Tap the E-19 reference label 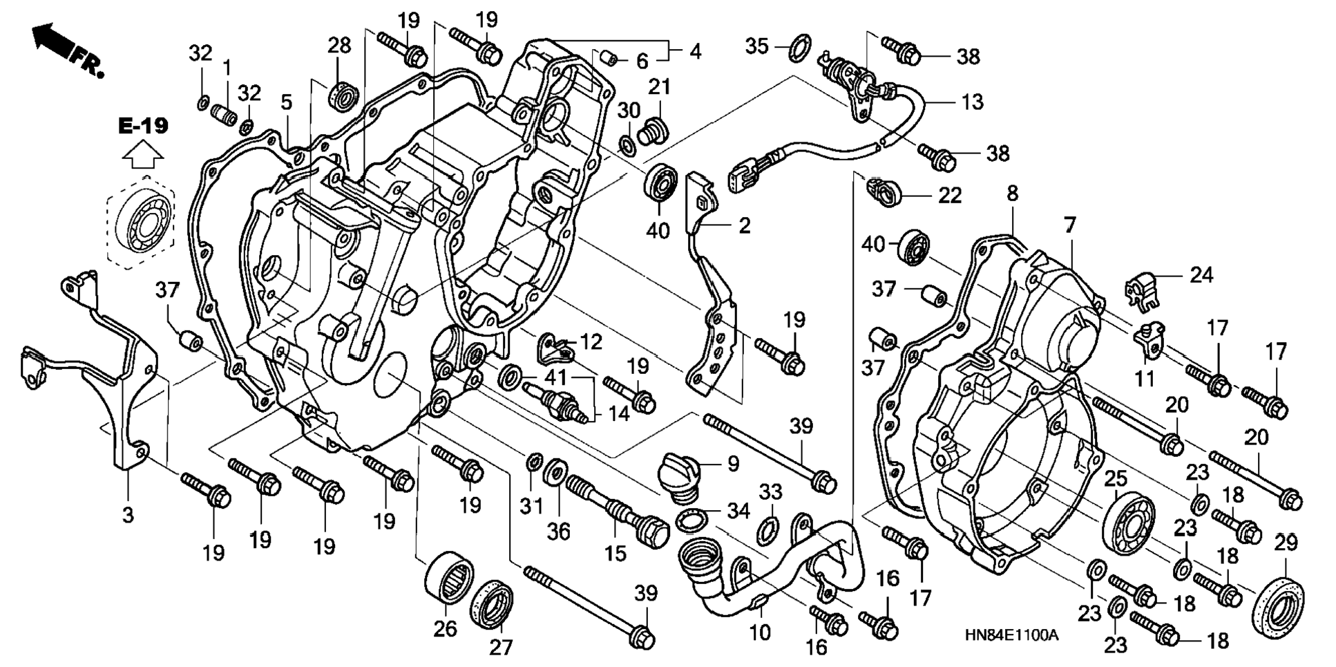(x=143, y=126)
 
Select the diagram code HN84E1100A (x=1011, y=635)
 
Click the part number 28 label (x=339, y=46)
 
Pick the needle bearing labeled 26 (x=448, y=579)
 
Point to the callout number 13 (x=972, y=102)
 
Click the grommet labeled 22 (x=885, y=190)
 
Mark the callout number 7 (x=1069, y=225)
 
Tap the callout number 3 (x=128, y=515)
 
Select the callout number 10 (x=759, y=632)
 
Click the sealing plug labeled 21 (x=651, y=131)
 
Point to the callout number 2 (x=743, y=225)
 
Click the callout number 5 (x=286, y=102)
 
